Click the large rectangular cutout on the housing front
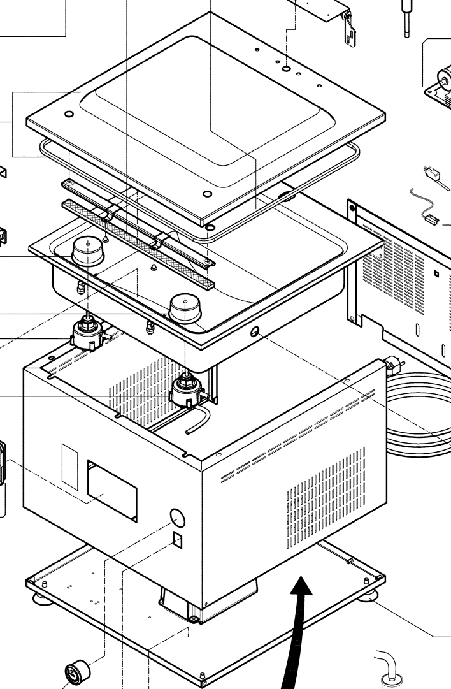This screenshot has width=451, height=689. click(x=112, y=490)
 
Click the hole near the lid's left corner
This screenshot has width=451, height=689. click(x=69, y=114)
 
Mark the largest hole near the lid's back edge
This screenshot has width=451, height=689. click(x=287, y=68)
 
